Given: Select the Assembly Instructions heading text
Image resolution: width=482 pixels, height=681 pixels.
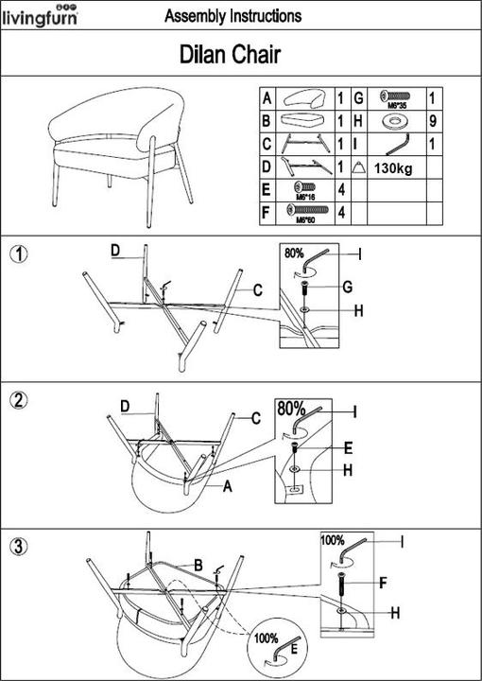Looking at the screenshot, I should pos(232,16).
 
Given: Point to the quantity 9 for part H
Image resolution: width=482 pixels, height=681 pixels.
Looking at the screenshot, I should pos(432,121).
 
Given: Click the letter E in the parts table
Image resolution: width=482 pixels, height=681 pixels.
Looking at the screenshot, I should pos(267,189).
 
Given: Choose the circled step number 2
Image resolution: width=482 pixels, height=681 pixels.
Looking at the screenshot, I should pos(18,400).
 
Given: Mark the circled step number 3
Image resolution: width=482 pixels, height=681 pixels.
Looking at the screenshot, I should pos(18,546).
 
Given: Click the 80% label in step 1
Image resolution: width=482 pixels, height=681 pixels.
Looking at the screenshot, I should pos(294,254).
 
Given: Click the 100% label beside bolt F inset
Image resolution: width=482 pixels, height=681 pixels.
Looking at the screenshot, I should pos(333,540).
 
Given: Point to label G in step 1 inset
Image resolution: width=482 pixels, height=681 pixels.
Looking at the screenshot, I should pos(347,286).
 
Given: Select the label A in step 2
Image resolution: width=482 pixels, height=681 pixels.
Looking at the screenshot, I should pos(228,486).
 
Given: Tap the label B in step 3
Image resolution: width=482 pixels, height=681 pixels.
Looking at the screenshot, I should pos(198,565).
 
